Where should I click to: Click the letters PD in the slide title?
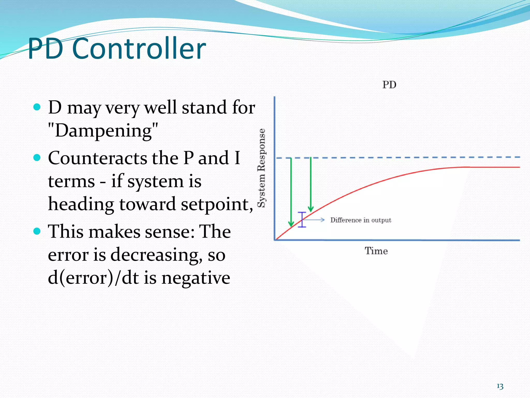coord(46,49)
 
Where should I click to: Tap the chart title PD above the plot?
coord(389,85)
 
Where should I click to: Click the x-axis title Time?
coord(376,251)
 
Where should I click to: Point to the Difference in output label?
coord(361,220)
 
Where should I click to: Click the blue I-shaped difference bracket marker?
coord(302,220)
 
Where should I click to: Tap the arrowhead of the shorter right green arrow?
coord(311,209)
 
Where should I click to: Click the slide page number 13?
coord(500,386)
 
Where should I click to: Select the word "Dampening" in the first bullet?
coord(103,130)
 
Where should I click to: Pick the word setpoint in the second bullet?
coord(217,204)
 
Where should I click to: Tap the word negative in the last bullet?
coord(196,278)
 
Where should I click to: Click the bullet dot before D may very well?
coord(37,107)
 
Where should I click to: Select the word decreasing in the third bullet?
coord(156,255)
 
